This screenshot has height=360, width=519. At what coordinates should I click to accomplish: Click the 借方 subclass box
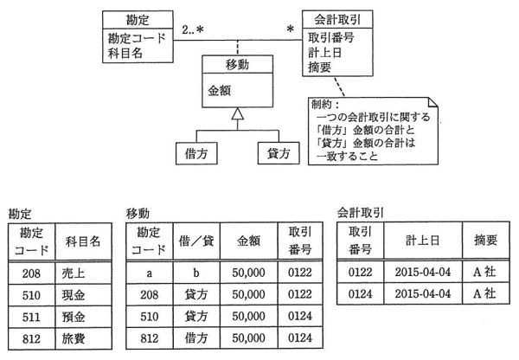click(196, 153)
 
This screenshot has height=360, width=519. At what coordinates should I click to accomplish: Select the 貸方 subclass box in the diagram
click(279, 153)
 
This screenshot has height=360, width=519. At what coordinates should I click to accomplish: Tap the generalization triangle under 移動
click(238, 113)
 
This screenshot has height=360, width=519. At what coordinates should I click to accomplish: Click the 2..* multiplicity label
click(193, 29)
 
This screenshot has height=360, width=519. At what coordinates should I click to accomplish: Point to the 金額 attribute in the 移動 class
click(219, 90)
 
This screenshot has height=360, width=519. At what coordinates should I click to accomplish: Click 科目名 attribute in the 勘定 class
click(125, 53)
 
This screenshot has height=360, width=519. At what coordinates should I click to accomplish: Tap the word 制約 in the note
click(322, 105)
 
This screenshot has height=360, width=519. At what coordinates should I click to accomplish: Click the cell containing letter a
click(150, 273)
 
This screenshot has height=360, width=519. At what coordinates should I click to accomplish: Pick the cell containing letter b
click(196, 273)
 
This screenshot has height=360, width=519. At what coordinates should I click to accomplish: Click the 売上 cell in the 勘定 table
click(83, 273)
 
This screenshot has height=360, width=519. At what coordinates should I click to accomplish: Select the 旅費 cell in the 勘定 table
click(83, 338)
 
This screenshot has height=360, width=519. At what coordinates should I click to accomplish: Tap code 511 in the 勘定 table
click(31, 317)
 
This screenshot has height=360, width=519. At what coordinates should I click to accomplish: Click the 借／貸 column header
click(196, 241)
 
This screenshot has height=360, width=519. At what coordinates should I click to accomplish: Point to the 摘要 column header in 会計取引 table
click(485, 240)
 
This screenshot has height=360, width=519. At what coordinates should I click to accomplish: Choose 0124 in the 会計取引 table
click(360, 293)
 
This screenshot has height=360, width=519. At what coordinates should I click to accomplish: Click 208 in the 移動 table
click(150, 294)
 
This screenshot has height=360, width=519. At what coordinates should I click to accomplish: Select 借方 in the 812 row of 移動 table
click(196, 337)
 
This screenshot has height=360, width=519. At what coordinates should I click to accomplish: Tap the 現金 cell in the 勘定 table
click(83, 295)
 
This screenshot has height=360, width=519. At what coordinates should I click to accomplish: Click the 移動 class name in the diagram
click(237, 65)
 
